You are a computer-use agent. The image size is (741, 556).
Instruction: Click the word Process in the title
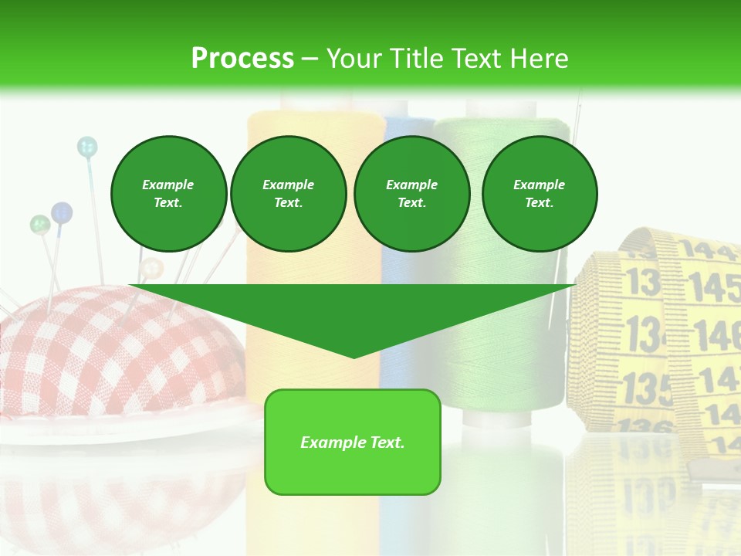pyautogui.click(x=242, y=58)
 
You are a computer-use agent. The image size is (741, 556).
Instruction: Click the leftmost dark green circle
pyautogui.click(x=168, y=194)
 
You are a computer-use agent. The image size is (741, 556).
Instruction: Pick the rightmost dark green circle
pyautogui.click(x=540, y=194)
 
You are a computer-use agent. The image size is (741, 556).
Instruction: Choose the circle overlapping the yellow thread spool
pyautogui.click(x=288, y=194)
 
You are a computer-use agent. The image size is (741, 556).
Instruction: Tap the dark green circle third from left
pyautogui.click(x=411, y=194)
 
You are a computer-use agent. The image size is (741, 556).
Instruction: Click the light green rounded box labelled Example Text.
pyautogui.click(x=353, y=442)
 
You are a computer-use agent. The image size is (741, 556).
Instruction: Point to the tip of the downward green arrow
pyautogui.click(x=354, y=357)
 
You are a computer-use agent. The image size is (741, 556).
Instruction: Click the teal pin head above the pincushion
pyautogui.click(x=87, y=146)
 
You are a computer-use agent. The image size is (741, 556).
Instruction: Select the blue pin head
pyautogui.click(x=62, y=212)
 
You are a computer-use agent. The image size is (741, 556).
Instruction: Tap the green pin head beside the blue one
pyautogui.click(x=39, y=225)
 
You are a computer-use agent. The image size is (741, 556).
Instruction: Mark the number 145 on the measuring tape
pyautogui.click(x=714, y=287)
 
